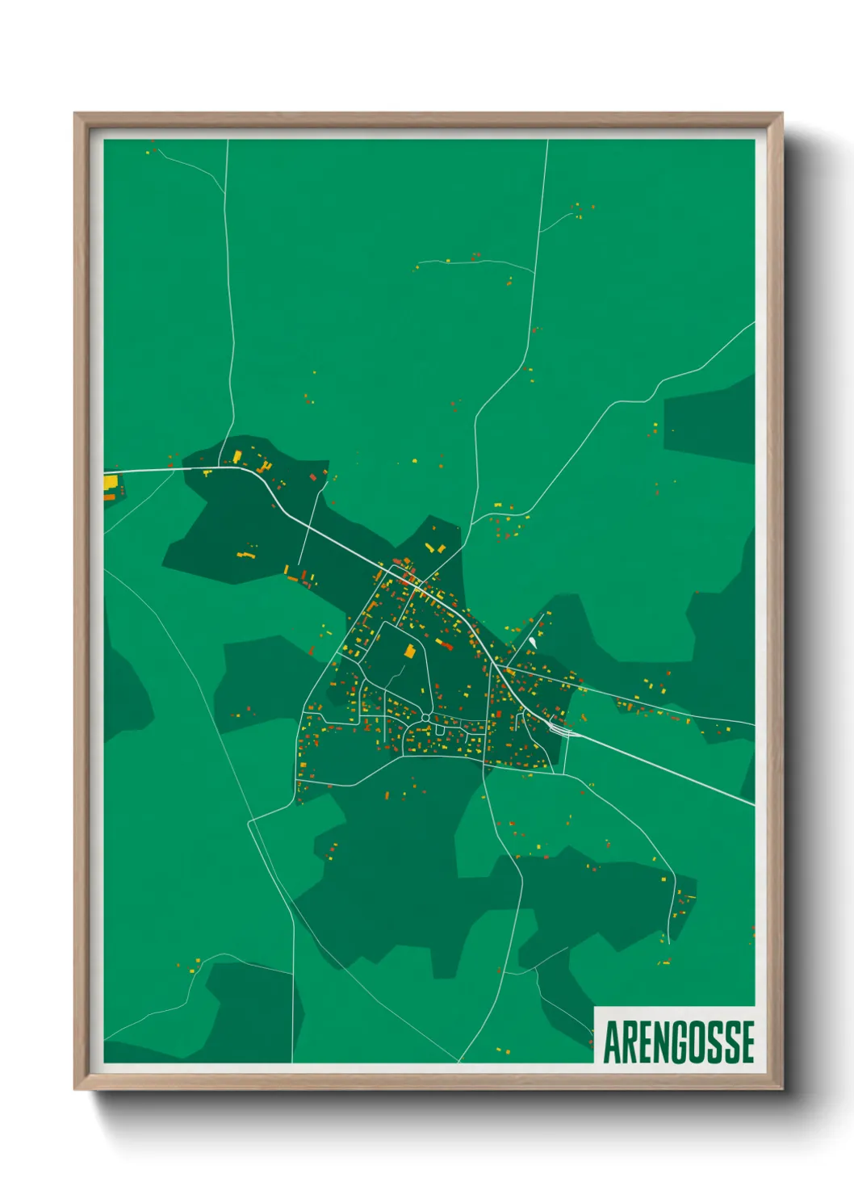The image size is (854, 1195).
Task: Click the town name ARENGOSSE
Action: click(679, 1042)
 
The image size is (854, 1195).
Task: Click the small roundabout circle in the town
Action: click(425, 717)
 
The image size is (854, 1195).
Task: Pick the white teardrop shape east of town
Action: click(532, 643)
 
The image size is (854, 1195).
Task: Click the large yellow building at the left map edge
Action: click(111, 483)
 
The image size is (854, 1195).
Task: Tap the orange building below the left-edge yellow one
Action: click(109, 497)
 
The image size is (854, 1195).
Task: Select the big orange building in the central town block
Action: click(409, 651)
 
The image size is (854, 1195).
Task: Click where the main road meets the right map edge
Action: click(753, 803)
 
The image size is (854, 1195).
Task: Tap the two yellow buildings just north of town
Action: click(435, 548)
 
